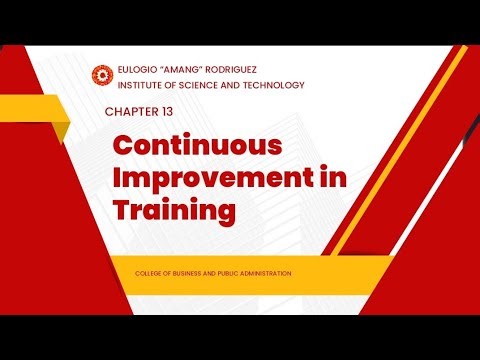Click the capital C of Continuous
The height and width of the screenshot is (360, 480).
pos(123,144)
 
